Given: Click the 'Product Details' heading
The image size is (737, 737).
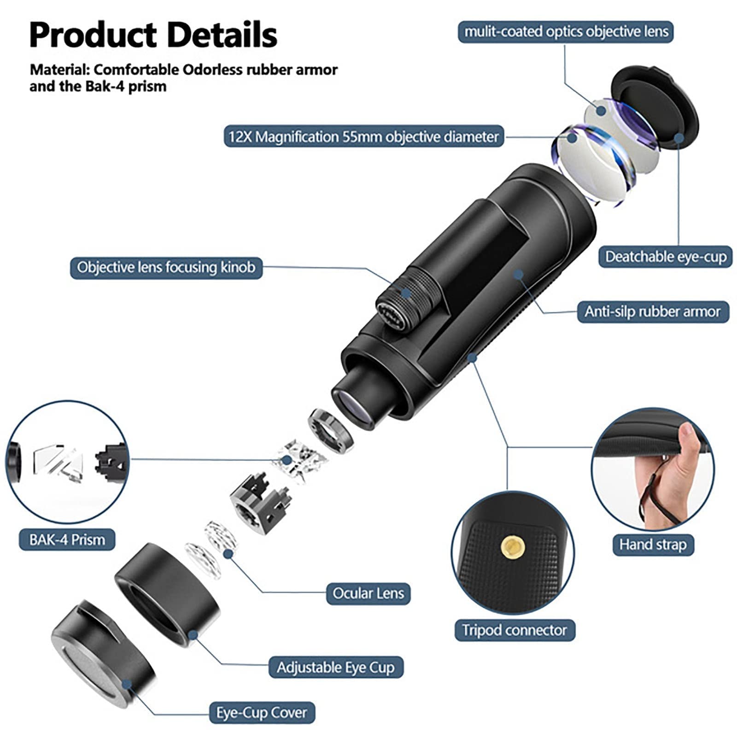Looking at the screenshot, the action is click(x=153, y=35).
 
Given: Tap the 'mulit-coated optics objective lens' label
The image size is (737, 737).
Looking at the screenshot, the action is click(x=566, y=32).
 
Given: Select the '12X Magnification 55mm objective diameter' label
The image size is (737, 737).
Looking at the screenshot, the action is click(x=363, y=136).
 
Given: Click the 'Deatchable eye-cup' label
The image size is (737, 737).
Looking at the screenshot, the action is click(x=665, y=257).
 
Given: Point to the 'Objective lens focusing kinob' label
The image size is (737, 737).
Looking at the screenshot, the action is click(x=166, y=267).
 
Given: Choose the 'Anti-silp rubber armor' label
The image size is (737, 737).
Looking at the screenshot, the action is click(x=653, y=311).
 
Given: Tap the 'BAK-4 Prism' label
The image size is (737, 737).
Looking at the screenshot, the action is click(x=67, y=539).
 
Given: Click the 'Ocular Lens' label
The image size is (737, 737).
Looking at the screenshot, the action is click(x=368, y=593).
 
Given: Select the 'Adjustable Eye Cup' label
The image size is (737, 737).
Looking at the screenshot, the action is click(x=336, y=667).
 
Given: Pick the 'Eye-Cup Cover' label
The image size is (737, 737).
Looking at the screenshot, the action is click(x=262, y=713).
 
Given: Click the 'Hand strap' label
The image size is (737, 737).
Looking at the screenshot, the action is click(x=653, y=544).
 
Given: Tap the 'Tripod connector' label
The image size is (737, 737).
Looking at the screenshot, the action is click(x=515, y=630).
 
